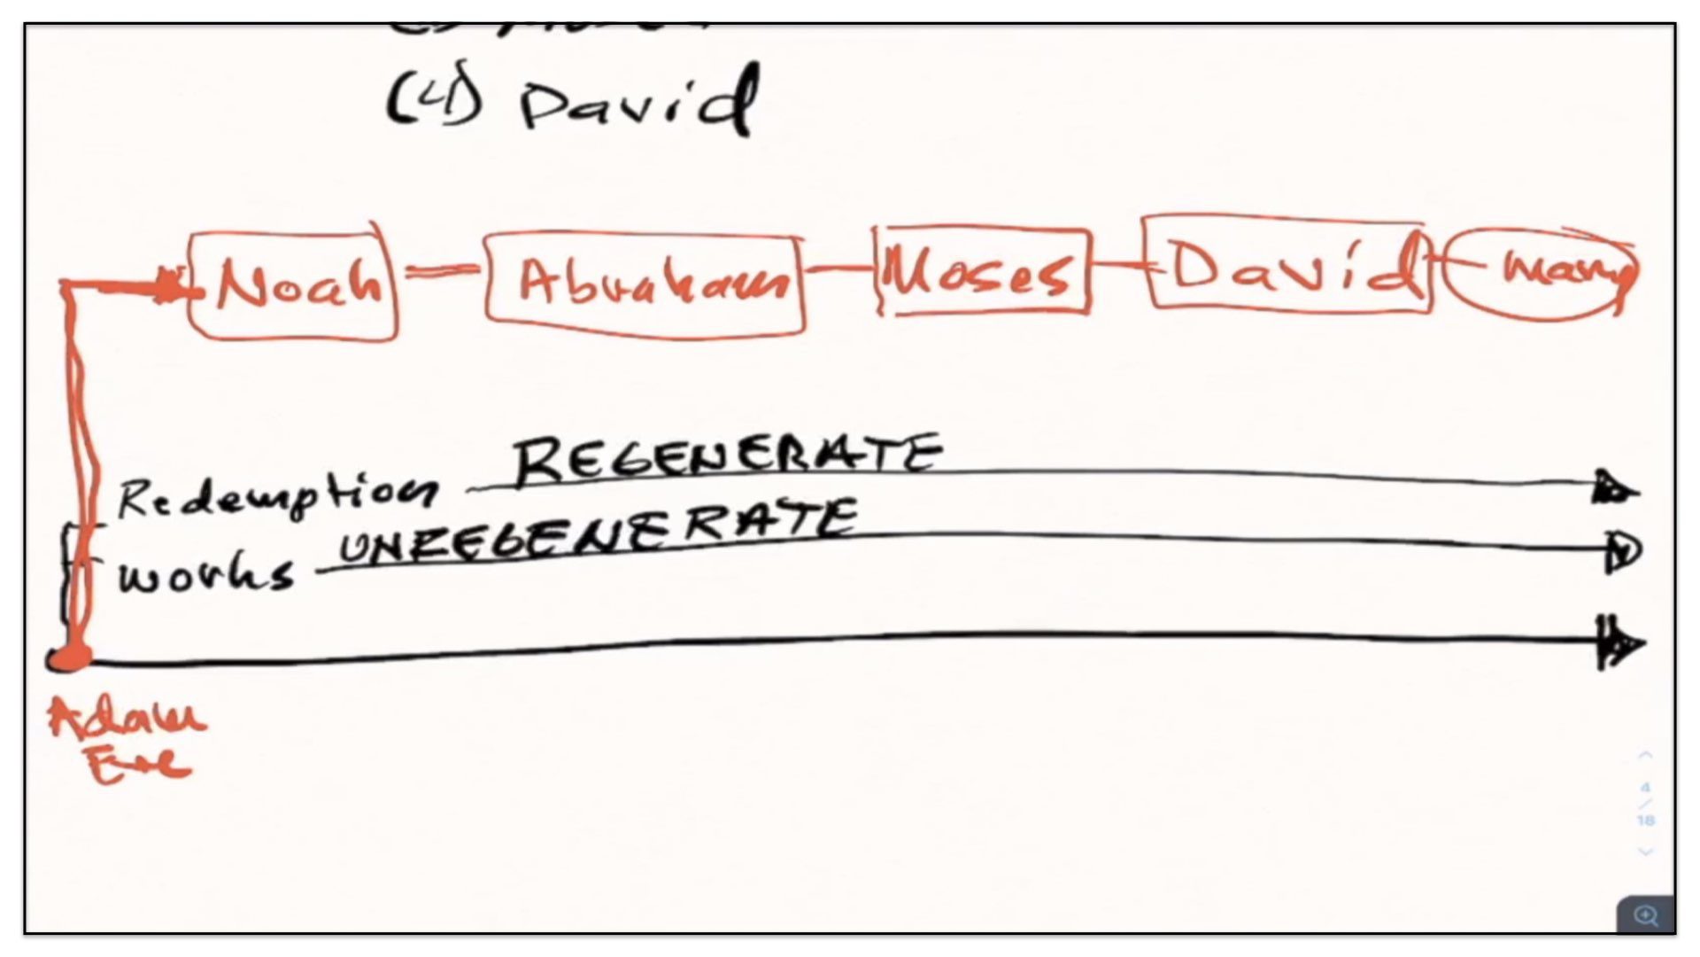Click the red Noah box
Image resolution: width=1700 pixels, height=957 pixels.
coord(294,285)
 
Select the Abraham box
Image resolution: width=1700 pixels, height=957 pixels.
coord(645,284)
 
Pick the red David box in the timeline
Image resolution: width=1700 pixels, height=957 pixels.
coord(1287,264)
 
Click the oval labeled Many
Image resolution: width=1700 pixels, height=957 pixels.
coord(1542,272)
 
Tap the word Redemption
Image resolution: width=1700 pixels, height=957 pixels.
coord(276,496)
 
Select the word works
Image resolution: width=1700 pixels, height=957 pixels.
coord(205,576)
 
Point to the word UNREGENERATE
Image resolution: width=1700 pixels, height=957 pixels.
coord(599,530)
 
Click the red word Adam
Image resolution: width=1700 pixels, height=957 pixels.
coord(127,718)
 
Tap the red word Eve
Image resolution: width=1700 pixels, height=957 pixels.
coord(139,764)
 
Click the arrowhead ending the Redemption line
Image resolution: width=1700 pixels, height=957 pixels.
coord(1615,488)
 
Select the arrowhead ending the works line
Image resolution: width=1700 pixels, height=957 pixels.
coord(1623,552)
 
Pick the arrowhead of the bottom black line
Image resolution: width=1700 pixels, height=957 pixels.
coord(1620,643)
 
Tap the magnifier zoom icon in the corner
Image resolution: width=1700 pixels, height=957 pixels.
coord(1645,914)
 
